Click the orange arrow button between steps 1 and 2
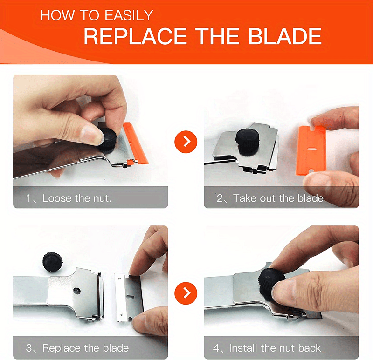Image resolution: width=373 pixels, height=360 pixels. [x=186, y=141]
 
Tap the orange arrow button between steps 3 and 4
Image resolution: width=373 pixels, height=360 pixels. [x=186, y=292]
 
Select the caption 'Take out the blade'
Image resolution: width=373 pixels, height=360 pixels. [x=278, y=198]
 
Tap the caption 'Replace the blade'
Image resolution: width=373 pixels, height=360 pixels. [x=85, y=348]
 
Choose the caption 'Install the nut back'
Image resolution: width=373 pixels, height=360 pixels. [x=275, y=348]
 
